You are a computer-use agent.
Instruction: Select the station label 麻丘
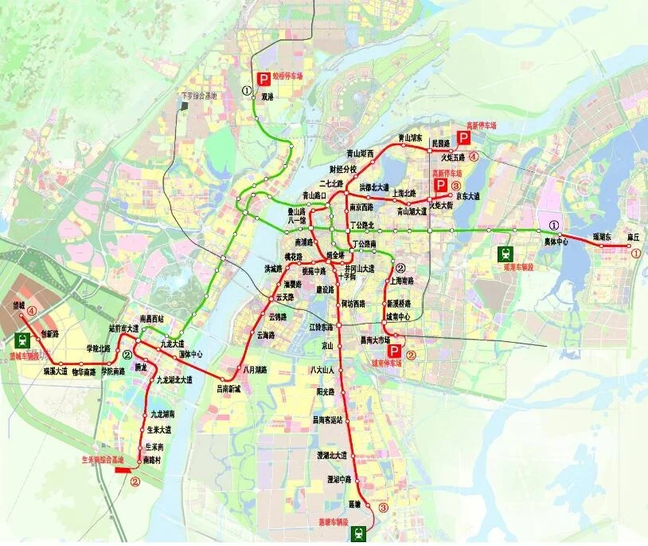(634, 237)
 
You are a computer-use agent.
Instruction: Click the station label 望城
(18, 306)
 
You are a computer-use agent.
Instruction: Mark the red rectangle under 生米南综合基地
(124, 470)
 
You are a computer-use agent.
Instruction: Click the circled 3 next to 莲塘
(383, 507)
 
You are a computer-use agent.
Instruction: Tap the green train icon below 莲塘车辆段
(361, 534)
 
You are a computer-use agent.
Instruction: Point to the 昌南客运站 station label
(327, 418)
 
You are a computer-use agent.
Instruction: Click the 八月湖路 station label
(252, 369)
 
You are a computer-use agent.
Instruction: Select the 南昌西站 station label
(151, 318)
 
